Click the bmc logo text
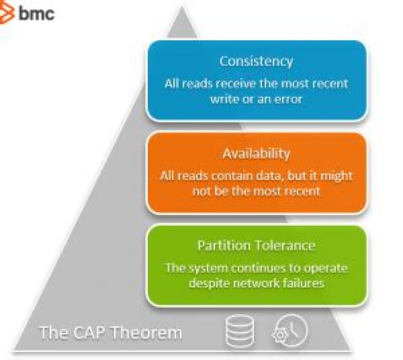click(36, 13)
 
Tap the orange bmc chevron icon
click(6, 14)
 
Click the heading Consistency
click(256, 62)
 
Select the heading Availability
click(256, 154)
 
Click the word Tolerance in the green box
click(285, 245)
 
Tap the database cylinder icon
click(240, 331)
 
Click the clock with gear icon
click(290, 330)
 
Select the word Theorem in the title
click(147, 333)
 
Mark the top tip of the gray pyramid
click(182, 6)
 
